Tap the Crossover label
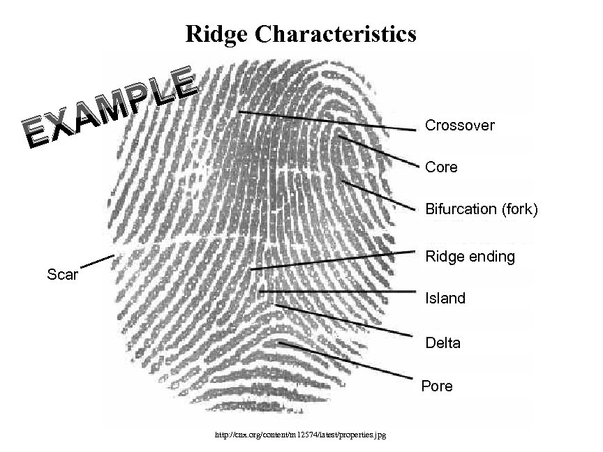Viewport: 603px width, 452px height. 459,126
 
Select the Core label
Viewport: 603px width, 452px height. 441,167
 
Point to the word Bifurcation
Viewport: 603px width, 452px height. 461,209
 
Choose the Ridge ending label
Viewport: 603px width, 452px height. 470,257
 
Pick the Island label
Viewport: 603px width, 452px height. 445,299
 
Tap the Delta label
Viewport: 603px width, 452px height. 442,344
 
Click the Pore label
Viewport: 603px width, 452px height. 437,386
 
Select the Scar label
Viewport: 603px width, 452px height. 63,273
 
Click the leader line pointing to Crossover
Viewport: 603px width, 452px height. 328,121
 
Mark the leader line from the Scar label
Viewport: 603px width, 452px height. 97,262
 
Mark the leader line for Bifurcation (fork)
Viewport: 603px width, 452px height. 380,195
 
